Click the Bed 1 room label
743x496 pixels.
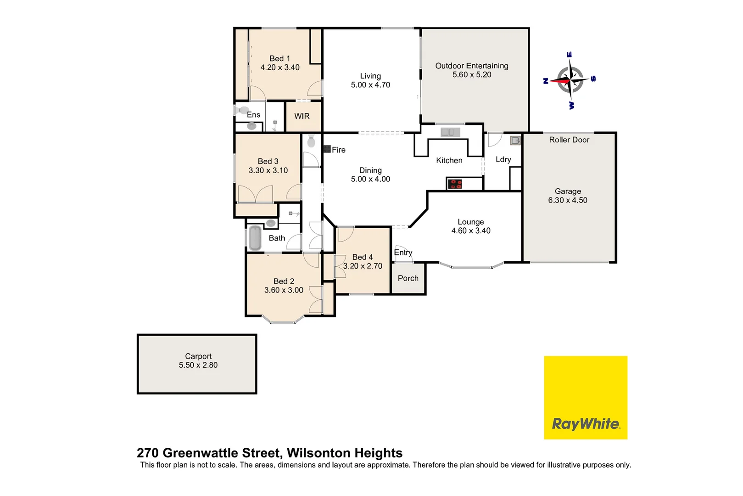[x=279, y=58]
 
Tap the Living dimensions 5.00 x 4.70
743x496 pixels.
[x=370, y=85]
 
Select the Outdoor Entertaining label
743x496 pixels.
[x=472, y=66]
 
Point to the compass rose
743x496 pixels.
[x=570, y=80]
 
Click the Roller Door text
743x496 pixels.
[x=569, y=140]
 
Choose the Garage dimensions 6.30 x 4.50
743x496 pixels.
[x=568, y=200]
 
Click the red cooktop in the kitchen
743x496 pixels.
[x=455, y=184]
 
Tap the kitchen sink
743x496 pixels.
[x=450, y=132]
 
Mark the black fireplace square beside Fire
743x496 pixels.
[x=327, y=149]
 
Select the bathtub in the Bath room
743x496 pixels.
[x=255, y=238]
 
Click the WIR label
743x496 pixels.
[x=302, y=116]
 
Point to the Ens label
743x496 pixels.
[x=253, y=115]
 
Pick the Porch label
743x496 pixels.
[x=408, y=278]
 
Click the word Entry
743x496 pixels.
[x=403, y=253]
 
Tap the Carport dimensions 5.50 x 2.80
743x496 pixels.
[x=198, y=365]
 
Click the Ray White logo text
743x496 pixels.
[x=586, y=423]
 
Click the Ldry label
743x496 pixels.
[x=503, y=159]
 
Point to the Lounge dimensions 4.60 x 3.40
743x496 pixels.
[x=471, y=231]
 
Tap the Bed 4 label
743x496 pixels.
[x=363, y=257]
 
